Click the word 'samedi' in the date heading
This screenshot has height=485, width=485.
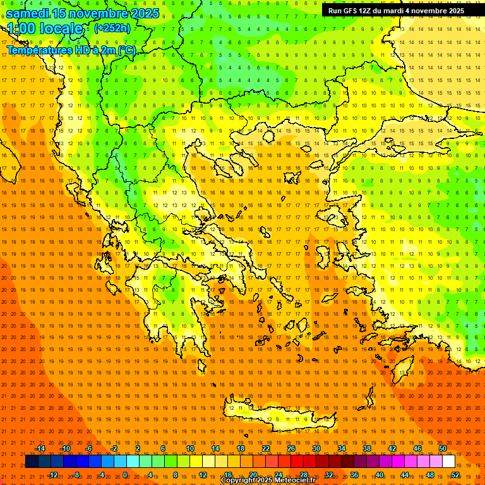click(28, 13)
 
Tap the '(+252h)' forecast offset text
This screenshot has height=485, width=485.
click(112, 28)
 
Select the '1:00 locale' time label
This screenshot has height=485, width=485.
click(45, 29)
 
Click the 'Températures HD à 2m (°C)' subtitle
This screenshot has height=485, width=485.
click(71, 50)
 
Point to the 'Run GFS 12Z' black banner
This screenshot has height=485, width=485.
click(396, 11)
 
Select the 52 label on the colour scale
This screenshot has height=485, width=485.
click(455, 475)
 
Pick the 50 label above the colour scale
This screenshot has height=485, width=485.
click(443, 448)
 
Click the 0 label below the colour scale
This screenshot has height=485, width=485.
click(125, 475)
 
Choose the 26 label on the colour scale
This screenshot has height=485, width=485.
click(291, 448)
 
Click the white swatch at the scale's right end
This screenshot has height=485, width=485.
click(449, 462)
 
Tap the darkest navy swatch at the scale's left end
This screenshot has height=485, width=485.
click(32, 462)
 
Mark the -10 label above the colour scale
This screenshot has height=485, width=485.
click(64, 448)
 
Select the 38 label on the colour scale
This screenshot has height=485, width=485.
click(367, 448)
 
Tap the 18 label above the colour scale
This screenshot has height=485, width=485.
click(241, 448)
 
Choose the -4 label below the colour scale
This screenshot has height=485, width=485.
click(102, 475)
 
